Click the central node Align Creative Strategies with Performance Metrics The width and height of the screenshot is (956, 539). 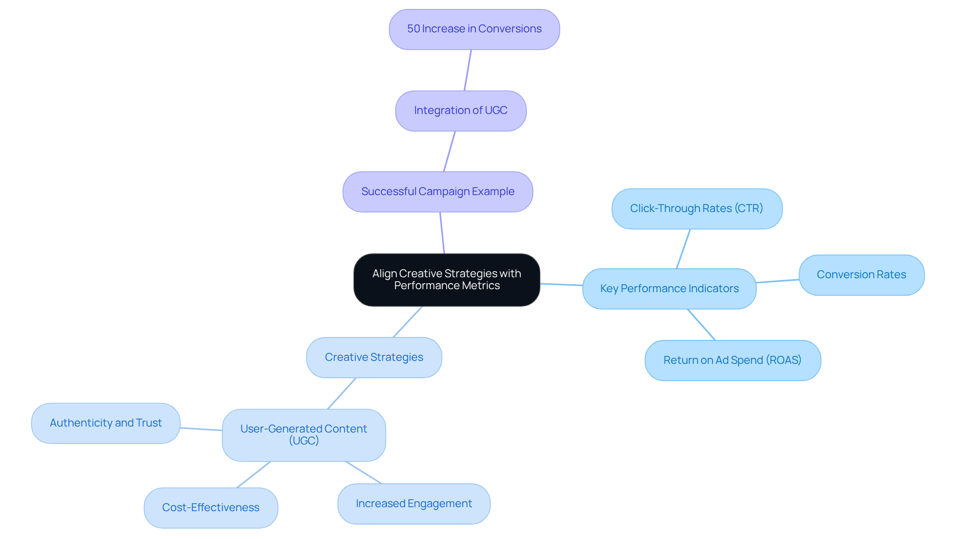click(447, 280)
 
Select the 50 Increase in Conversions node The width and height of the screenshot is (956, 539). click(474, 29)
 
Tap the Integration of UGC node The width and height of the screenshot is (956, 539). click(461, 110)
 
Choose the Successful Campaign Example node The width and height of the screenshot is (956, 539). click(438, 192)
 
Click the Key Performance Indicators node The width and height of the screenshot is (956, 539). click(669, 289)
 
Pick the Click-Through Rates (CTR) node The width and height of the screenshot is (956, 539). click(697, 209)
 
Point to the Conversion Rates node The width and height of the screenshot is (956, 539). click(861, 275)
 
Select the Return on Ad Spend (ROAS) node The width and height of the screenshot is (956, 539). click(732, 360)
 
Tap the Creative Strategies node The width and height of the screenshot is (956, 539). click(374, 357)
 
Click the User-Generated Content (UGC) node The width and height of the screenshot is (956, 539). click(304, 435)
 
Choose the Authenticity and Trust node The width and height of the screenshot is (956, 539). click(106, 423)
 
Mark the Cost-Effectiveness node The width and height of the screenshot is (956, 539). click(211, 508)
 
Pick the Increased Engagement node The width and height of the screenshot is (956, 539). click(414, 504)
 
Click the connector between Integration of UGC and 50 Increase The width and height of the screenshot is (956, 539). click(468, 70)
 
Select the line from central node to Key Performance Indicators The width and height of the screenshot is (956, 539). click(561, 285)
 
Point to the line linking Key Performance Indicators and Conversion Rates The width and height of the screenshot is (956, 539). click(777, 281)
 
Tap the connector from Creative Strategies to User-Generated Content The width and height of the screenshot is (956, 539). click(342, 394)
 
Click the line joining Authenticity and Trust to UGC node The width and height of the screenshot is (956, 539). click(201, 429)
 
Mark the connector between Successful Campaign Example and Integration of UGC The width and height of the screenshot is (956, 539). click(449, 152)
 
